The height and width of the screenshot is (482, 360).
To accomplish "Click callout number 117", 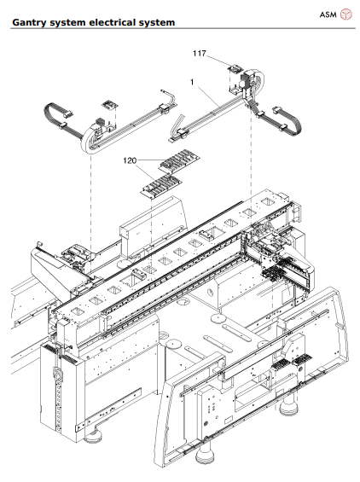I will click(200, 53).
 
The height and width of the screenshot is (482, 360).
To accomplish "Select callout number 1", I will click(194, 84).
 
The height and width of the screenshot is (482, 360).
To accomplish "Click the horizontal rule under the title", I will click(180, 28).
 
